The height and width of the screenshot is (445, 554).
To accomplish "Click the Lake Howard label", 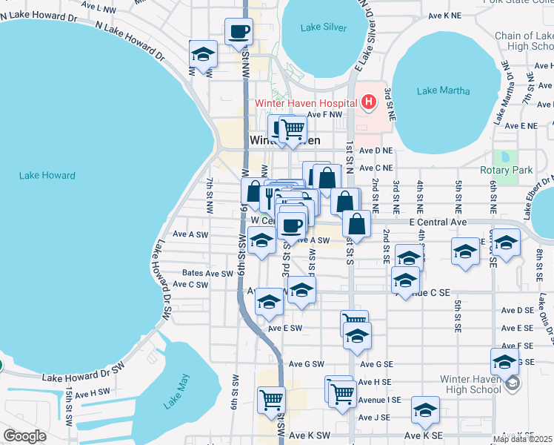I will click(x=47, y=176).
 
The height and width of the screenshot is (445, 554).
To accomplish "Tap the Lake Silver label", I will click(x=324, y=27).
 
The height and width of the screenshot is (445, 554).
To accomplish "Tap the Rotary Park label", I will click(x=507, y=170).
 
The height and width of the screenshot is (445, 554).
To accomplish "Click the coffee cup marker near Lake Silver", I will click(x=239, y=32).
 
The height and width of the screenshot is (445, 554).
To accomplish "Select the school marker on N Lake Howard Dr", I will click(x=203, y=54).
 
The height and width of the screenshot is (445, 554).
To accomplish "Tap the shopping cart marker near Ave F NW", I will click(x=293, y=129).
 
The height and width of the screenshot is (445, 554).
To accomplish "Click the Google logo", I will click(x=24, y=436).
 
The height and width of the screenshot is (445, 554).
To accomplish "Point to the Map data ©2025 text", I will click(x=523, y=439).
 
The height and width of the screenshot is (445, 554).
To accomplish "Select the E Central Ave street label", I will click(x=438, y=222).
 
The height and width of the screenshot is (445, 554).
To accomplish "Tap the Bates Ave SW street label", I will click(x=207, y=273).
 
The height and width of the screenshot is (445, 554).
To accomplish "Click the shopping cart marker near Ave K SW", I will click(x=271, y=399).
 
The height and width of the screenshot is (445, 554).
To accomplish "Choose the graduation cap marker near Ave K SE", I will click(x=425, y=410).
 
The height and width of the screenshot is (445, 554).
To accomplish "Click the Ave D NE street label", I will click(x=376, y=151).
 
